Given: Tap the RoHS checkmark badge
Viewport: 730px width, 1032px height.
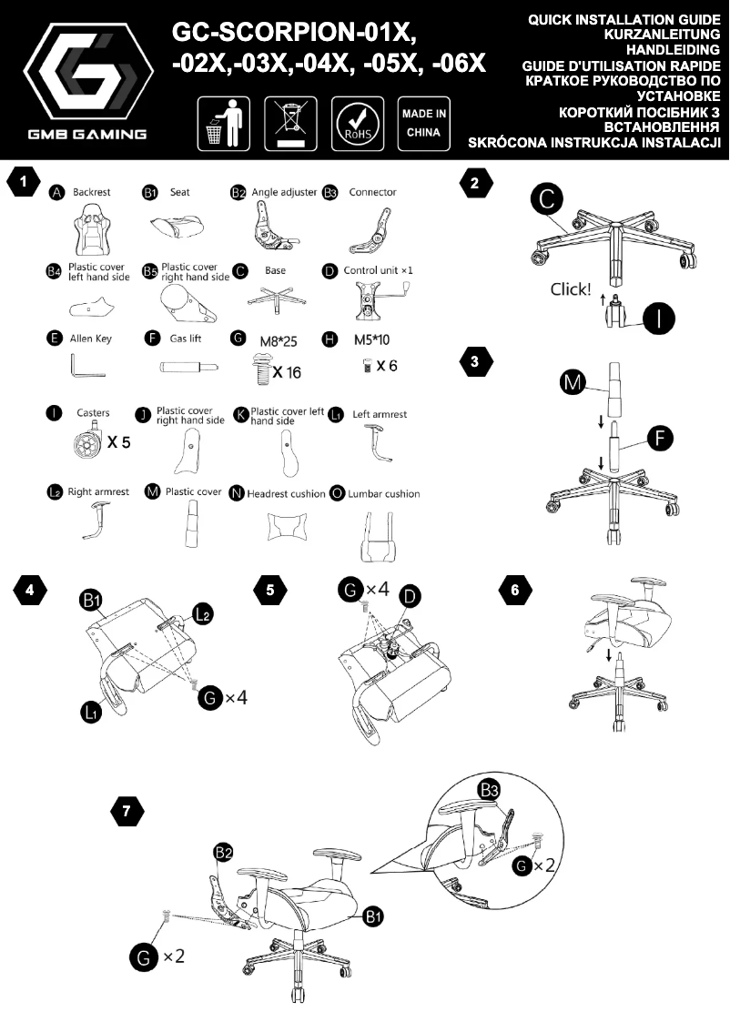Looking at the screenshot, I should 356,124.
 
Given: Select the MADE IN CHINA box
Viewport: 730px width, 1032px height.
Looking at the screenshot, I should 423,124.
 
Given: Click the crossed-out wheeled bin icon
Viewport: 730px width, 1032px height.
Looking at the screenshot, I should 290,124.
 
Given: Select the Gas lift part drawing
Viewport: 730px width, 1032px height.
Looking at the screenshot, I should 188,368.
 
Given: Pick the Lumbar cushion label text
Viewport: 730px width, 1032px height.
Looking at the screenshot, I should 383,493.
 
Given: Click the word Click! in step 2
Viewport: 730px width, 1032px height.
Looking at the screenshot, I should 571,290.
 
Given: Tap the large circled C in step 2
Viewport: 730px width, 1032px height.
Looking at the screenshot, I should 547,200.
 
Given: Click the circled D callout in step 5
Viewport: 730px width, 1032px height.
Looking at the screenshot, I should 411,596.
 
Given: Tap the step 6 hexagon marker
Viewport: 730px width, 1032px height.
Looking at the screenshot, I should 515,590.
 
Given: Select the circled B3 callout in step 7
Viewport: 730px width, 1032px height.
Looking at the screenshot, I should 489,789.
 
